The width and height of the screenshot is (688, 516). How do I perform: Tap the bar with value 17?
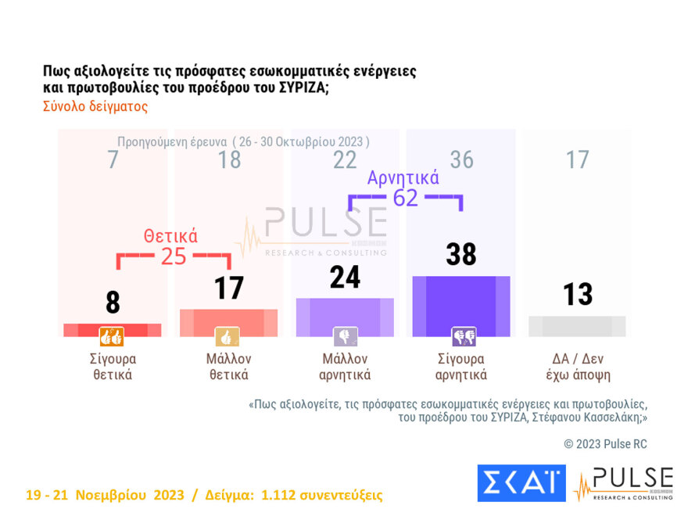[228, 322]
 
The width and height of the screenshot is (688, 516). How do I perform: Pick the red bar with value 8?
[112, 330]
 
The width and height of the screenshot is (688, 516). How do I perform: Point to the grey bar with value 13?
[577, 326]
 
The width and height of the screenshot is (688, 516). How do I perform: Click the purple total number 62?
[405, 198]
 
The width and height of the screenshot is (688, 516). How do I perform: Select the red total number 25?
[174, 256]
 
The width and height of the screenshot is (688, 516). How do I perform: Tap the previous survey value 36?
[461, 160]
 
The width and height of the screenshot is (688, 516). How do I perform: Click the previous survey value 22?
[345, 160]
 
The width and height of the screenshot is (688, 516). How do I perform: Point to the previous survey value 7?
[113, 160]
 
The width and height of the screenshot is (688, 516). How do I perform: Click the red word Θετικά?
[170, 235]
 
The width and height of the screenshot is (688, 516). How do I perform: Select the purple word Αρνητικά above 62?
[403, 177]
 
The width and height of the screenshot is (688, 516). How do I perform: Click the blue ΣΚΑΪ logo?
[521, 482]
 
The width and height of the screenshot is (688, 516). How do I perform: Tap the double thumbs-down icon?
[464, 337]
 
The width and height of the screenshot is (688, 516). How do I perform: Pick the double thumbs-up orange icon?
[112, 337]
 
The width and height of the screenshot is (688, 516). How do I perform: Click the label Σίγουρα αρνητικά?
[461, 367]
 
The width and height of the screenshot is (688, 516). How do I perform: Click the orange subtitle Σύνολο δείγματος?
[95, 107]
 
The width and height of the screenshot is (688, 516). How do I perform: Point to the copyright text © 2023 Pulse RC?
[605, 444]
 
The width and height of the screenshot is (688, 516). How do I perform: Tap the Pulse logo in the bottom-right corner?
[623, 483]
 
